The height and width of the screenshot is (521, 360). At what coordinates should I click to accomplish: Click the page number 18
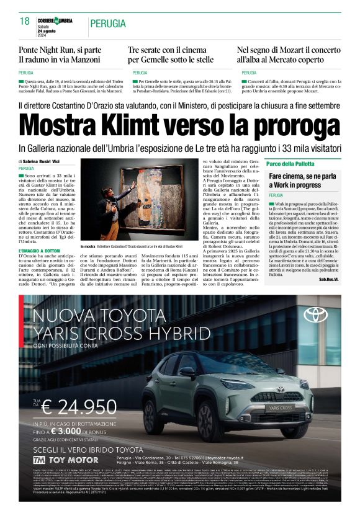coord(25,22)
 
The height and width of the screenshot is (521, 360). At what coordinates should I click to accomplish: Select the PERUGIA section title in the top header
coord(109,24)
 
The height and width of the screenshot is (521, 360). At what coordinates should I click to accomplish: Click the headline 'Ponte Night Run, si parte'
coord(60,49)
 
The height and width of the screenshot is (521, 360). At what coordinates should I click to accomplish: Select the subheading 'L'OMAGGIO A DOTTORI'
coord(42,251)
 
